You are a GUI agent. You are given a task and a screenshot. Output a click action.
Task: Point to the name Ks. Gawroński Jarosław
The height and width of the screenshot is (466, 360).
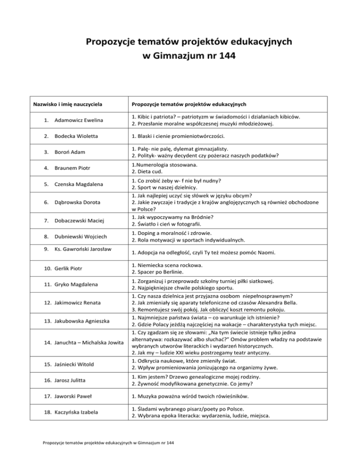coord(83,248)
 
